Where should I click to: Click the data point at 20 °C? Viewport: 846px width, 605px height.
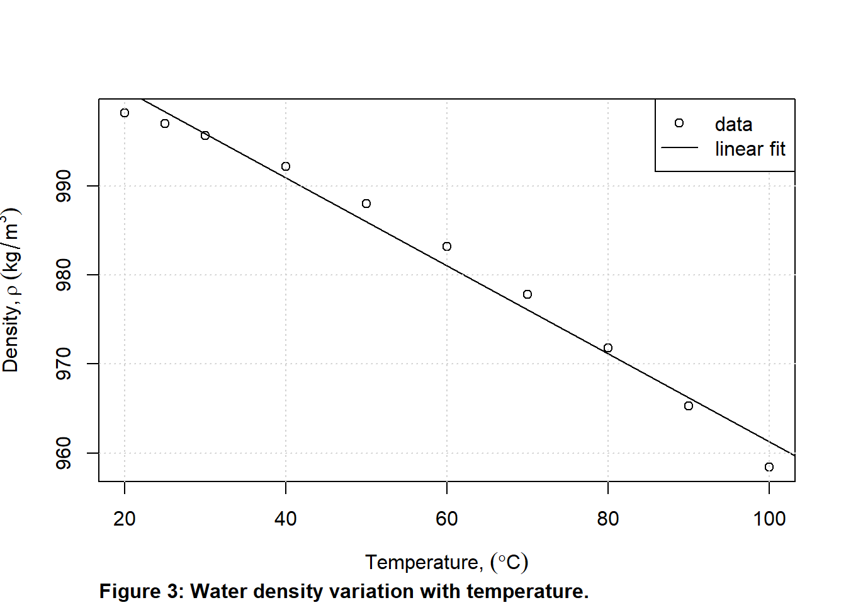point(125,113)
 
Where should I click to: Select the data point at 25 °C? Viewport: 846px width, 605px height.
point(165,124)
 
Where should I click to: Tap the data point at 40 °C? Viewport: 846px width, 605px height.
point(286,166)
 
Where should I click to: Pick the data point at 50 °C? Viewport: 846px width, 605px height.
point(366,204)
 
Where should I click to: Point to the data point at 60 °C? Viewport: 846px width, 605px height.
point(447,246)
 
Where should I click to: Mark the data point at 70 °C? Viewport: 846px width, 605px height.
point(527,294)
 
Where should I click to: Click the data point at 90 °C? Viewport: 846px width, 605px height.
point(689,406)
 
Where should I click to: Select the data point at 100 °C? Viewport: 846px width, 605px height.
point(769,467)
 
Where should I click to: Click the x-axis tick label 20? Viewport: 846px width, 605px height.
point(125,519)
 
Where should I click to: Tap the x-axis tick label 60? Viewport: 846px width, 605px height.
point(447,519)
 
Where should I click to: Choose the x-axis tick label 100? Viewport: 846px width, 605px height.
point(769,519)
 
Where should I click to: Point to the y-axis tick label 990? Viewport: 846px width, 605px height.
point(64,186)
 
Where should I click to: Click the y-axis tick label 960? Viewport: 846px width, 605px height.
point(64,453)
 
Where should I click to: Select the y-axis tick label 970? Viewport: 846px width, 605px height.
point(64,364)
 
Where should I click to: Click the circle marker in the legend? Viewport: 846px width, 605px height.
point(679,123)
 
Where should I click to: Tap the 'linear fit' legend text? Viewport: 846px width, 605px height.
point(750,149)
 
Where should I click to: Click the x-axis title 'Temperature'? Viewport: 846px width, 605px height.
point(424,562)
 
